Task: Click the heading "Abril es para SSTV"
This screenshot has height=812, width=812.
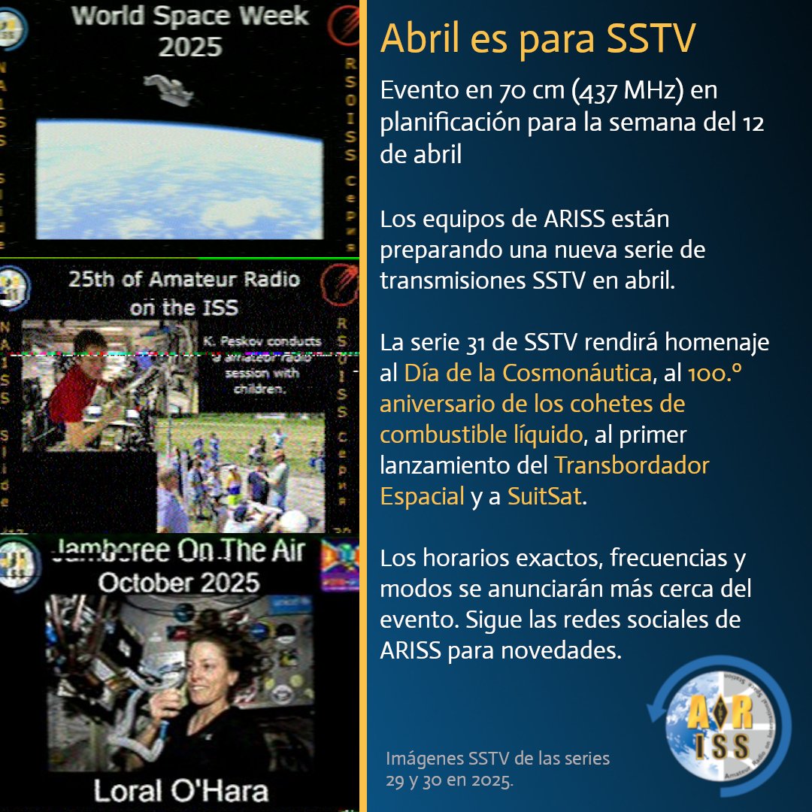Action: pyautogui.click(x=537, y=39)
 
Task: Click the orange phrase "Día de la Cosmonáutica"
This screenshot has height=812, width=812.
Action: pyautogui.click(x=526, y=372)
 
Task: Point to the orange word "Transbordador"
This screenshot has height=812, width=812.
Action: pyautogui.click(x=632, y=465)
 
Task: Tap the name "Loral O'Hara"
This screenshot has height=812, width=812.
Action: pyautogui.click(x=180, y=790)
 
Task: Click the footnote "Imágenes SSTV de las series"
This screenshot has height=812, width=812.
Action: pyautogui.click(x=497, y=758)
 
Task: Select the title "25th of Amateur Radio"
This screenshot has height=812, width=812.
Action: pyautogui.click(x=184, y=280)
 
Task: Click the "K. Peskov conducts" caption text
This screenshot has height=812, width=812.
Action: pyautogui.click(x=261, y=341)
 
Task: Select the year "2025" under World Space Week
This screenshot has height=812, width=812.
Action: pyautogui.click(x=189, y=47)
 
